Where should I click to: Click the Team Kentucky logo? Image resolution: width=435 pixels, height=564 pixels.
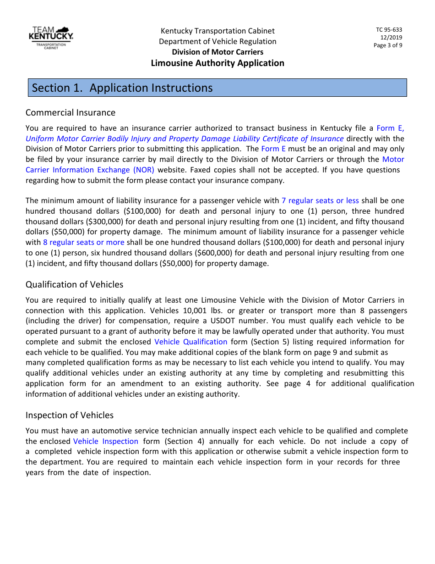[x=51, y=38]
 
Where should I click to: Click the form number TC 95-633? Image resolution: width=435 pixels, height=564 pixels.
[x=389, y=30]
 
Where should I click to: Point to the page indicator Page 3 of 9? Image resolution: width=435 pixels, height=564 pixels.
[x=388, y=45]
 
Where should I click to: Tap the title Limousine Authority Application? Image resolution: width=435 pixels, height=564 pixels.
[x=217, y=63]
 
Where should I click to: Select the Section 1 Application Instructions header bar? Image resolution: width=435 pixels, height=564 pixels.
[x=217, y=88]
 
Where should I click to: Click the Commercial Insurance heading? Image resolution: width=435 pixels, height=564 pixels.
[x=71, y=112]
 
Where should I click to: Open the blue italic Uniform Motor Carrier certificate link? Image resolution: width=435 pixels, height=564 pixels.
[x=185, y=138]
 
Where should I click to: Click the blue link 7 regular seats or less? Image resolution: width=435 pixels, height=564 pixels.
[x=320, y=200]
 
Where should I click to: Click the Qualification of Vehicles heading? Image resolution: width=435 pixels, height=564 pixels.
[x=74, y=284]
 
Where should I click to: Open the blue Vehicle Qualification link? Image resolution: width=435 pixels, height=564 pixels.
[x=190, y=342]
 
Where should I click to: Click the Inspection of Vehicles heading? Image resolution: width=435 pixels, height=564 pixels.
[x=70, y=415]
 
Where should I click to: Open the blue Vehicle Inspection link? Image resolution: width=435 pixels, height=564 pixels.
[x=105, y=441]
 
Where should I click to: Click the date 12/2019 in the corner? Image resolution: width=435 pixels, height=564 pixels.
[x=391, y=38]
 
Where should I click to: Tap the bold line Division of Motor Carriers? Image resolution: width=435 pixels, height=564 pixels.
[x=217, y=52]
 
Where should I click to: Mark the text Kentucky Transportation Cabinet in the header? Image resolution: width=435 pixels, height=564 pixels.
[x=217, y=31]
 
